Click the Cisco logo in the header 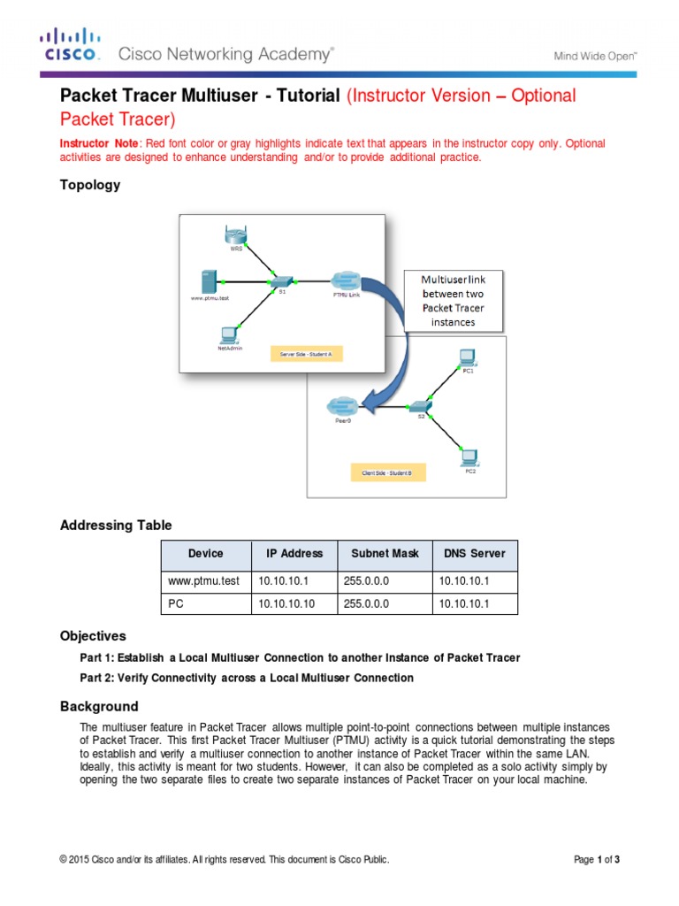click(x=71, y=46)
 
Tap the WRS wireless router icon click(x=236, y=235)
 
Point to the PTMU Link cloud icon click(x=346, y=279)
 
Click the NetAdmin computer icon click(x=229, y=335)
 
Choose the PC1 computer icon click(x=468, y=357)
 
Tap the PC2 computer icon click(x=469, y=457)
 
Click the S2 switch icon click(x=420, y=405)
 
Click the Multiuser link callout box click(x=453, y=300)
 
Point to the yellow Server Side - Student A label click(x=304, y=354)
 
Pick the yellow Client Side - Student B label click(x=387, y=473)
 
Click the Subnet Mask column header click(x=385, y=554)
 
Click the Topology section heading click(x=89, y=185)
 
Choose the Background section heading click(x=99, y=706)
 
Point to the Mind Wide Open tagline click(x=595, y=55)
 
